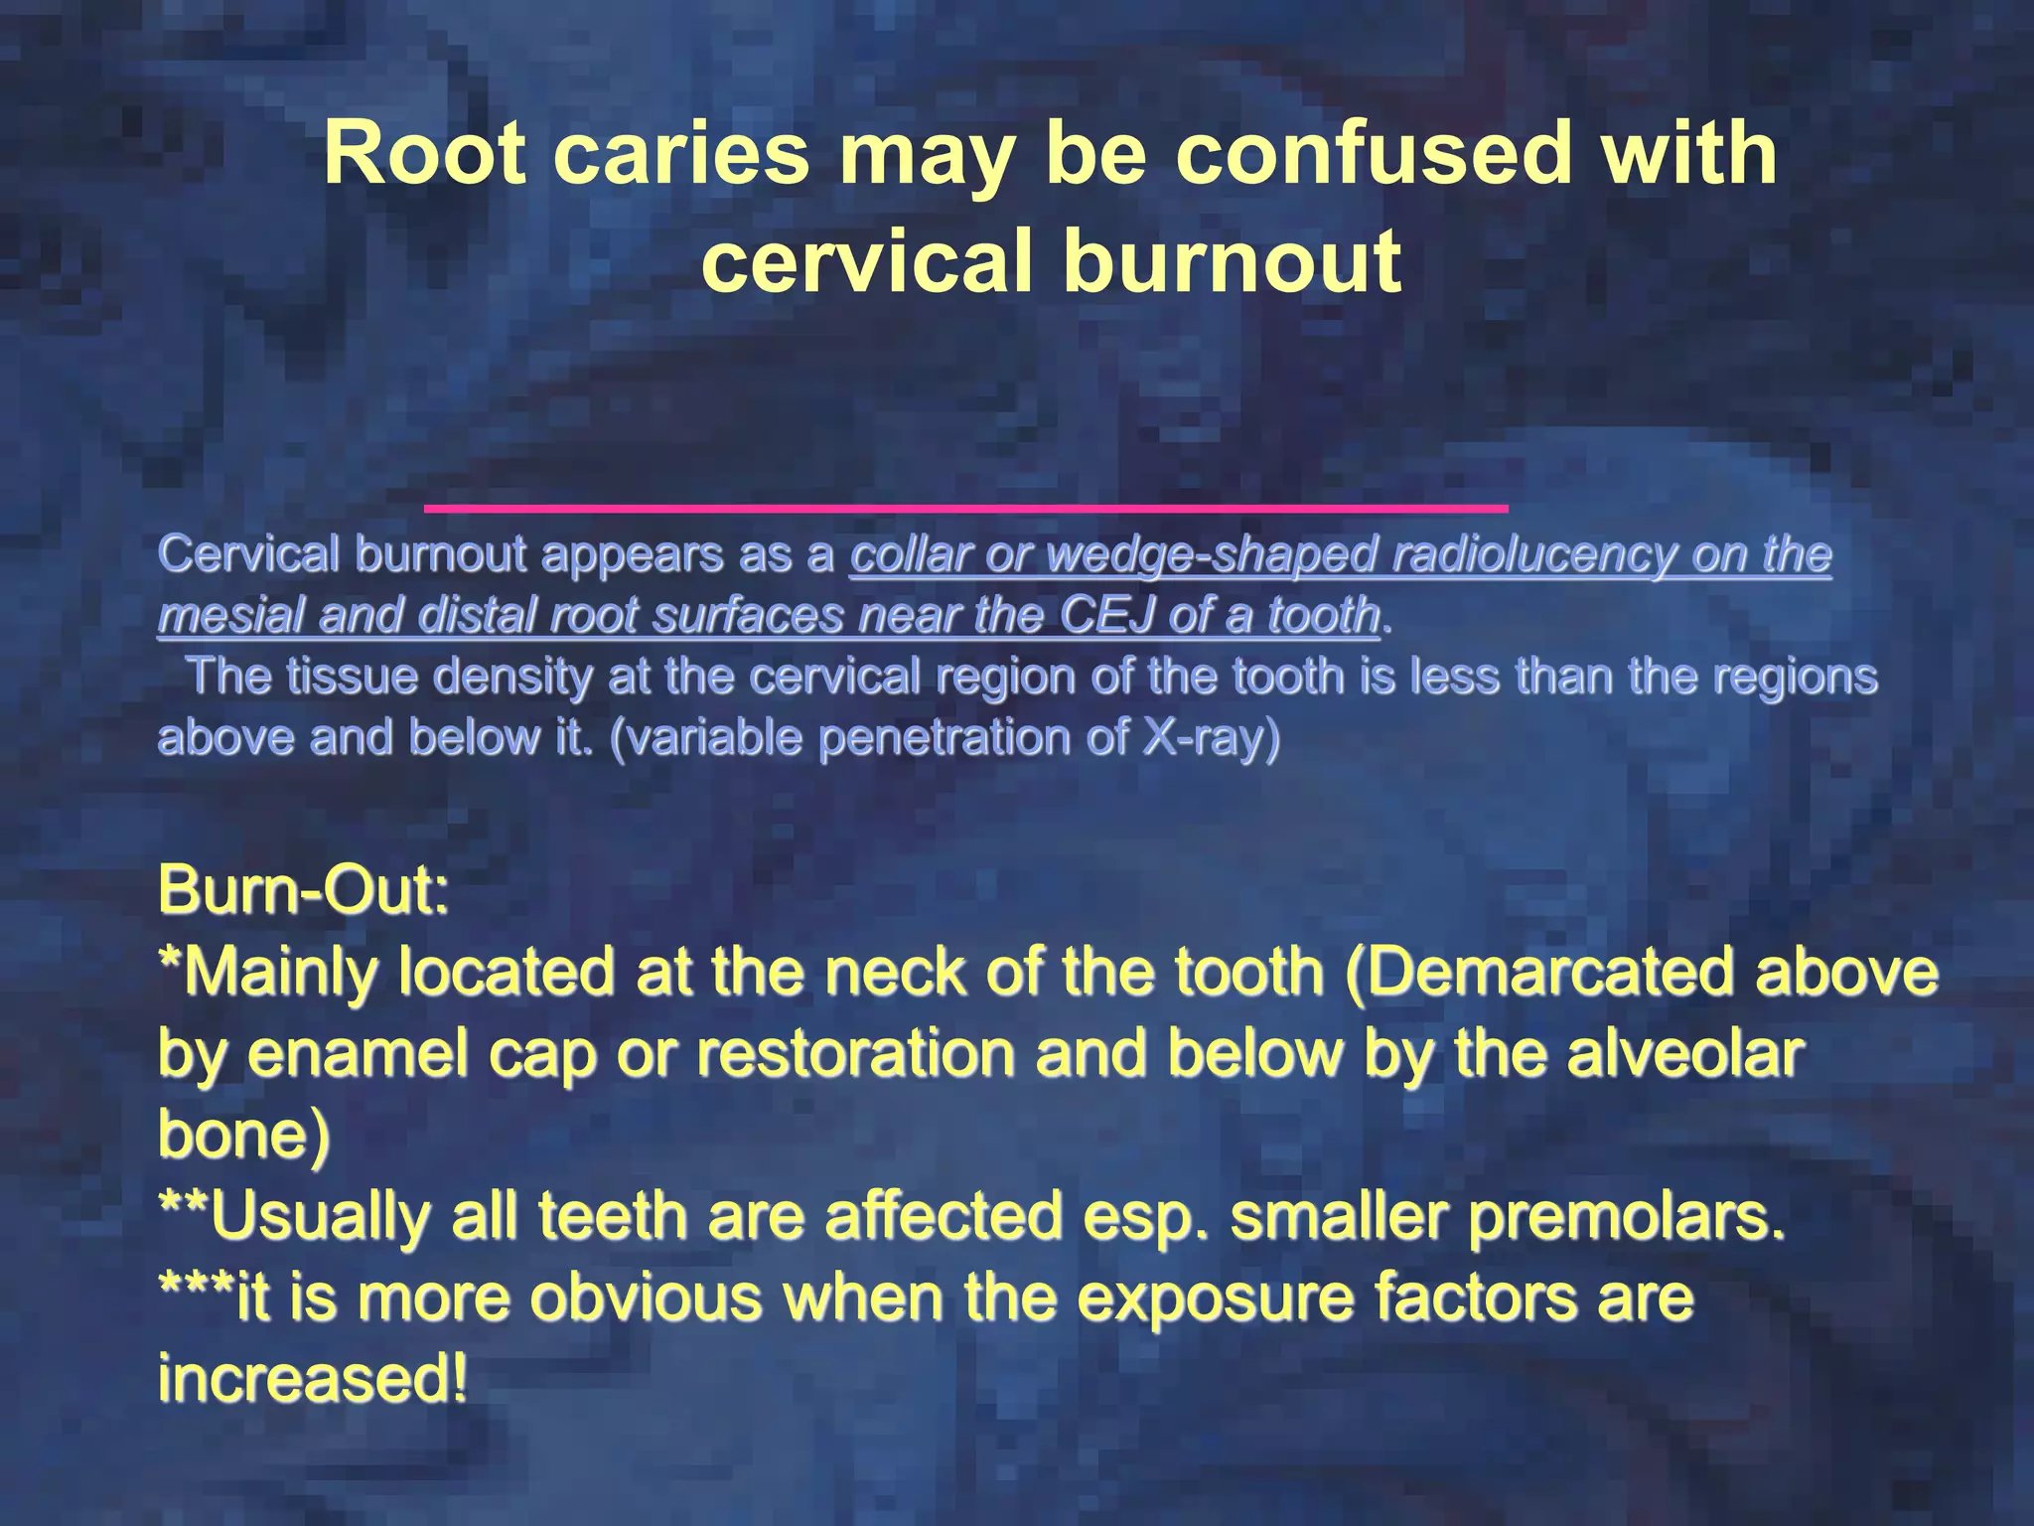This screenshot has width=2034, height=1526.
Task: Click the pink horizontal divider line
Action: [x=965, y=509]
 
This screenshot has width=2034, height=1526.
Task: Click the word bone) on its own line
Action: [x=244, y=1134]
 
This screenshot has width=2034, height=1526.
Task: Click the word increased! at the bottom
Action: [x=313, y=1379]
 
